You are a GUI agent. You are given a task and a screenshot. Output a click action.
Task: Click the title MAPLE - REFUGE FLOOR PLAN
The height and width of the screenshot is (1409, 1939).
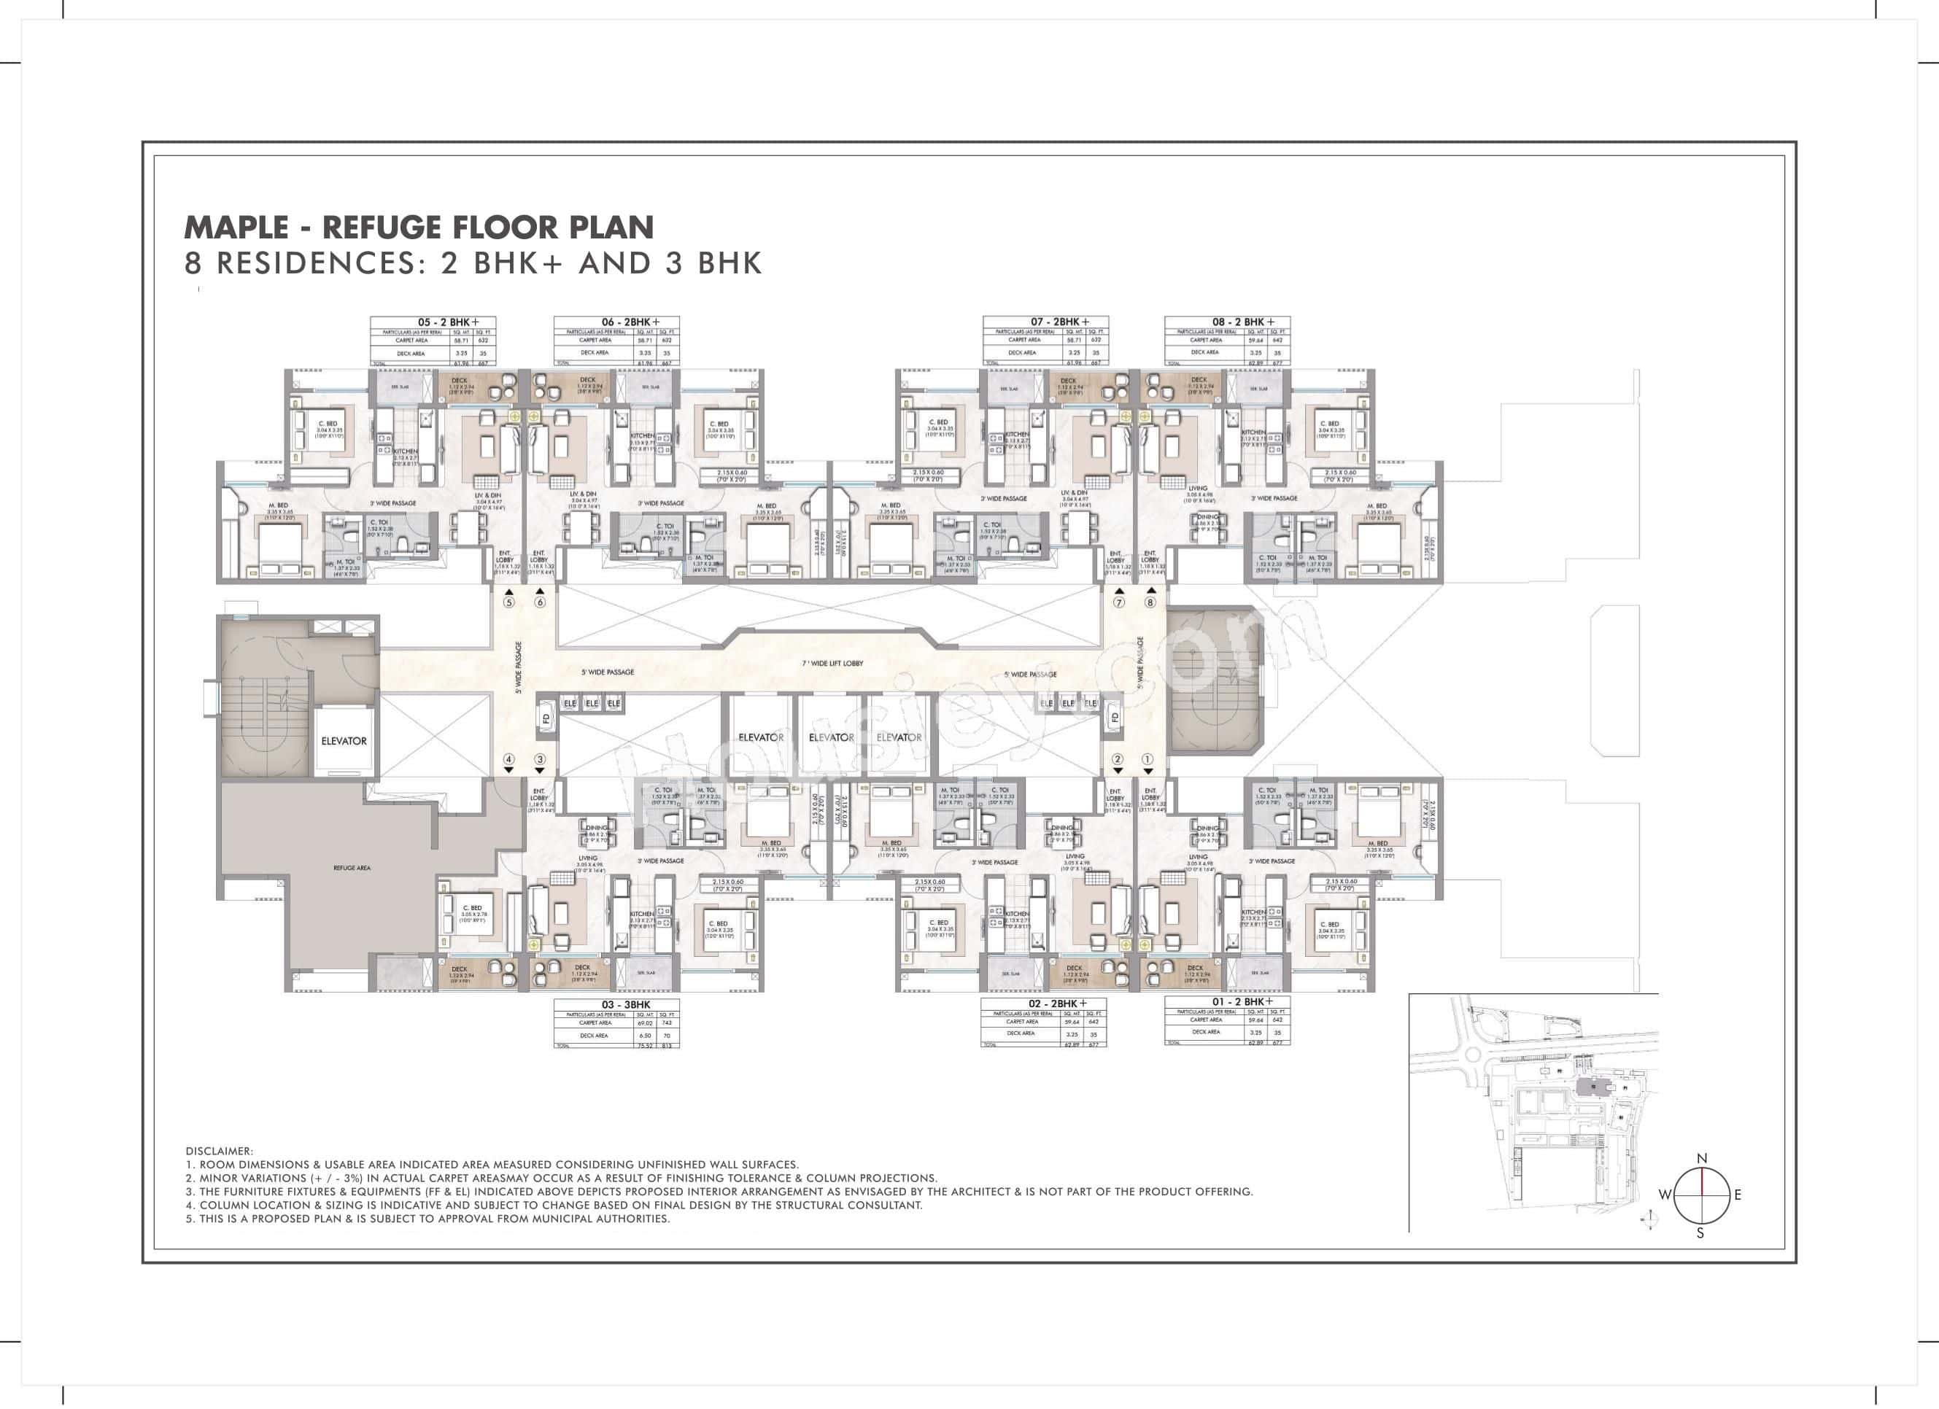(419, 228)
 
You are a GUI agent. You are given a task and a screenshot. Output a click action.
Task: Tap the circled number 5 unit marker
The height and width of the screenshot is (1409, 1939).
(508, 602)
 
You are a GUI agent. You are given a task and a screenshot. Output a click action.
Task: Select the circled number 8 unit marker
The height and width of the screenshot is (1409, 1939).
(1150, 602)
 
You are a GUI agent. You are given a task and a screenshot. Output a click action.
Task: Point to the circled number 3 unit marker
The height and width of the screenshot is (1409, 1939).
(540, 758)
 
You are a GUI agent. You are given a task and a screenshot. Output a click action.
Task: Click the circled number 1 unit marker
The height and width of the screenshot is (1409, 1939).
(1147, 758)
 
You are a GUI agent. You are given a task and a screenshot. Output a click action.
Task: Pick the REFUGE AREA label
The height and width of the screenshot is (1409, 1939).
(352, 867)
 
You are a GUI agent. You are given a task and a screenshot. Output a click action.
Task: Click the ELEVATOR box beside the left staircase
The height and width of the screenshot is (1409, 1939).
(344, 741)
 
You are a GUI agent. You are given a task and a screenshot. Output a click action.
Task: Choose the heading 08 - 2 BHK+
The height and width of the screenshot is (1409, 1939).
(1243, 322)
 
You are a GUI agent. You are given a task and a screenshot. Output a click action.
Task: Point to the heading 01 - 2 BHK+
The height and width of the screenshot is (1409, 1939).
(1242, 1001)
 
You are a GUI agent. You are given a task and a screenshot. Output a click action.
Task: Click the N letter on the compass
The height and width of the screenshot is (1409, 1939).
(1701, 1159)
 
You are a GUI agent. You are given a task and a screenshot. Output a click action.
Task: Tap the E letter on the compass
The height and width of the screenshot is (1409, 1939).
(1737, 1195)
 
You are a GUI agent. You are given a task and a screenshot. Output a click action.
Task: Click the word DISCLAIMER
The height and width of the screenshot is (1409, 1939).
(219, 1151)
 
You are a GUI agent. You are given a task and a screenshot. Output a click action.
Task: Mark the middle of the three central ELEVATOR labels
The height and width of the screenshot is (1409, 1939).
(831, 737)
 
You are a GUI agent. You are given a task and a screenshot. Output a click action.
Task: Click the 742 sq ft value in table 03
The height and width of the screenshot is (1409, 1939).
(666, 1022)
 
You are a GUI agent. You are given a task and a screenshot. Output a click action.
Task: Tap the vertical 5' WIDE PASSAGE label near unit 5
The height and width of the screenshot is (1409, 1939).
(519, 667)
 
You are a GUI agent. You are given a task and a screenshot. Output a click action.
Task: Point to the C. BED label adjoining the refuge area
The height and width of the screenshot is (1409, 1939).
(472, 908)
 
